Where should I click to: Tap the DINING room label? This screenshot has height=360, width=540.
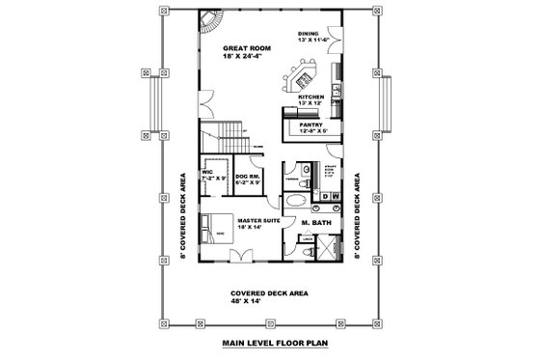310,32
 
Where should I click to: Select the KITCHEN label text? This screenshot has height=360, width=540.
310,97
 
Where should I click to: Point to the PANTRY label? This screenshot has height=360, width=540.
310,125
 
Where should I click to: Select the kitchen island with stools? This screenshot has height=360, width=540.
298,76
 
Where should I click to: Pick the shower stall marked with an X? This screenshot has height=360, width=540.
332,248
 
